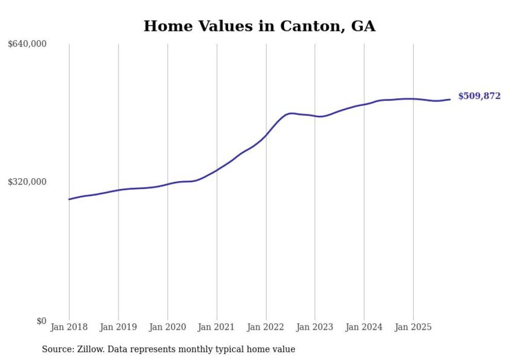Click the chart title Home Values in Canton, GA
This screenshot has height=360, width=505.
[x=259, y=26]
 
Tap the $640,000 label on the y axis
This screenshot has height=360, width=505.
[x=27, y=44]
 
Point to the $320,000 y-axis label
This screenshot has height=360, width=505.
[x=27, y=182]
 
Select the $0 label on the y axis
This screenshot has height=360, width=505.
[x=41, y=321]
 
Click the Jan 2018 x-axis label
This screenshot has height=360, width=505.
[x=69, y=327]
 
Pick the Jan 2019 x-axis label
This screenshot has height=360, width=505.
[x=119, y=327]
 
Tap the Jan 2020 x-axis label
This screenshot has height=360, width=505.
[x=167, y=327]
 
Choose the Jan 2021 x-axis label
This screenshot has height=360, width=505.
[x=217, y=327]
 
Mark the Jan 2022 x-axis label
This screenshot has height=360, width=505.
[x=266, y=327]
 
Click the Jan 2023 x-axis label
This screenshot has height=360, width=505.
[x=315, y=327]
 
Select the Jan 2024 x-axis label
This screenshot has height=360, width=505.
[x=364, y=327]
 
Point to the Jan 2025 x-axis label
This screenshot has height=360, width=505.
[x=413, y=327]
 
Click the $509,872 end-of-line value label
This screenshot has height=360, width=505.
[x=479, y=96]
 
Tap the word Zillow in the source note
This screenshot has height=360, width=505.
[x=89, y=349]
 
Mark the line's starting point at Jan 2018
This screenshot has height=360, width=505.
[x=69, y=199]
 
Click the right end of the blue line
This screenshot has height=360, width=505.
[x=450, y=99]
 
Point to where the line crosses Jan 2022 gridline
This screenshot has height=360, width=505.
[x=266, y=135]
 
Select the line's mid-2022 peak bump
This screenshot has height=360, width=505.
[x=291, y=113]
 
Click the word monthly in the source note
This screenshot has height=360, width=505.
[x=191, y=350]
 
